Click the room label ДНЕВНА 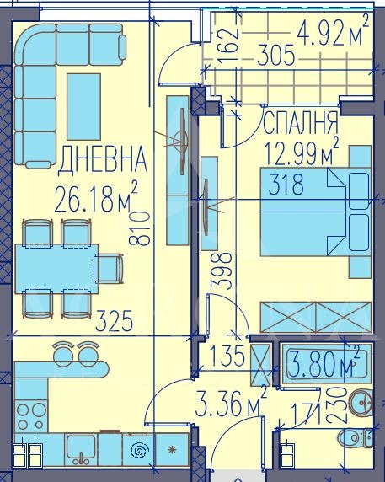(101, 158)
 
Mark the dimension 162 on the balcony (233, 36)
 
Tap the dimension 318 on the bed (286, 188)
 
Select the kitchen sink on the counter (82, 447)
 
